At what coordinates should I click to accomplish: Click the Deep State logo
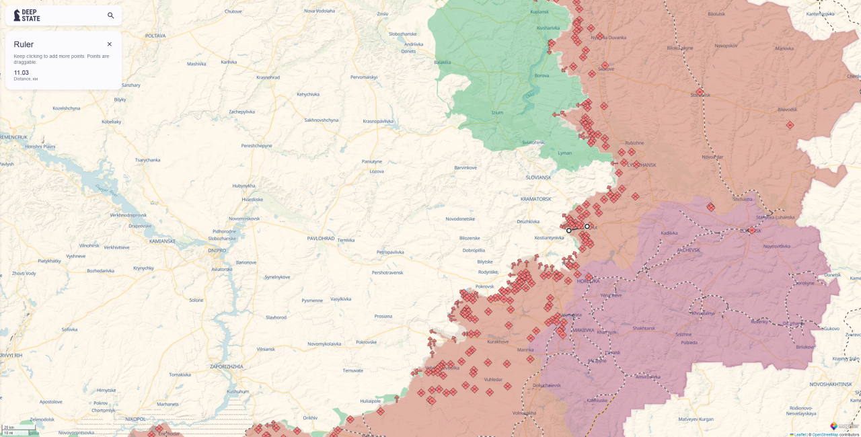(x=27, y=15)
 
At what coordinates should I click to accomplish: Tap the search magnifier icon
(x=111, y=15)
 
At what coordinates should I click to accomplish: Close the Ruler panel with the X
(x=110, y=44)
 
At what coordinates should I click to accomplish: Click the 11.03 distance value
(x=22, y=73)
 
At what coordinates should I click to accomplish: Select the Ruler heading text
(x=24, y=44)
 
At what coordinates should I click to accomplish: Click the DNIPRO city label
(x=217, y=250)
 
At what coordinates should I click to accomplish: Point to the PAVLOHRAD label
(x=321, y=239)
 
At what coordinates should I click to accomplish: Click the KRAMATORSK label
(x=536, y=199)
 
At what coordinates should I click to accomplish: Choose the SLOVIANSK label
(x=538, y=177)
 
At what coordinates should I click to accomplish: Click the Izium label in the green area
(x=497, y=113)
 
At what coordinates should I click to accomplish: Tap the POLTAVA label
(x=155, y=36)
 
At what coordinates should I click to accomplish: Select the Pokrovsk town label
(x=484, y=286)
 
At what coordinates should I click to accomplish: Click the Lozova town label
(x=376, y=171)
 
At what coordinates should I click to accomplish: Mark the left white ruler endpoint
(x=569, y=231)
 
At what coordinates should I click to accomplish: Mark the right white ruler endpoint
(x=587, y=227)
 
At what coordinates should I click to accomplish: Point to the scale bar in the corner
(x=19, y=430)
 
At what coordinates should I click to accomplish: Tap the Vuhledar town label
(x=493, y=379)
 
